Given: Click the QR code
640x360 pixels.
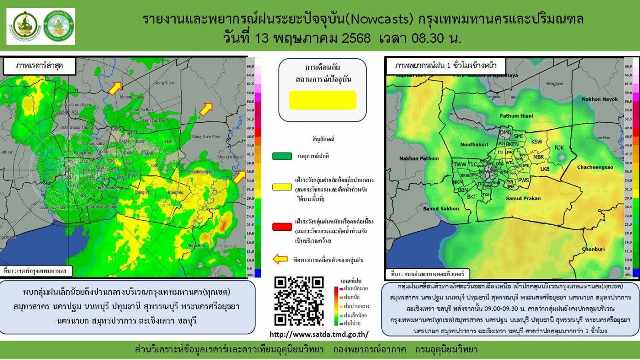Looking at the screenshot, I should point(299,301).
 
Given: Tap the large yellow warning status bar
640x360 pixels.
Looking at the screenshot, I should point(323,100).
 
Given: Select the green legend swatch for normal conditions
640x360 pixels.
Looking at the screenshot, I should point(282,156).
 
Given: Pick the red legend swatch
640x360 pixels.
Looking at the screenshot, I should point(282,227).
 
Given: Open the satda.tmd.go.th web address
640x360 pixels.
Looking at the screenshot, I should point(319,334).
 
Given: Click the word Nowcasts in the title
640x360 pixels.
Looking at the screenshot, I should point(381,19).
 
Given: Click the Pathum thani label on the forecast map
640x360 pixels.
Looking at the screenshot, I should point(516,116).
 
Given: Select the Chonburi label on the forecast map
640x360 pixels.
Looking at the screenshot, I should point(593,249).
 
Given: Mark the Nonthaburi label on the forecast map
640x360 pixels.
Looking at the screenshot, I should point(474,144).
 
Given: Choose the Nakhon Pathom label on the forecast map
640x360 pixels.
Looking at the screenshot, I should point(419,159).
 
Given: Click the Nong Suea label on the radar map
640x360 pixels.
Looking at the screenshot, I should point(164,83).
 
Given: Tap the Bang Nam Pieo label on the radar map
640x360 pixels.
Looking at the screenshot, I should point(206,137).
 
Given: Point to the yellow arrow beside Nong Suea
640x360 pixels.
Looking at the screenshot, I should point(115,88).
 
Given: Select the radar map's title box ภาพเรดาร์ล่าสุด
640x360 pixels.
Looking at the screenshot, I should point(39,66).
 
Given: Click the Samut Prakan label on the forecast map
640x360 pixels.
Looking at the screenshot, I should point(523,198).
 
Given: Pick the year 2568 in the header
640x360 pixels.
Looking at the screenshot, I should point(356,38).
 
